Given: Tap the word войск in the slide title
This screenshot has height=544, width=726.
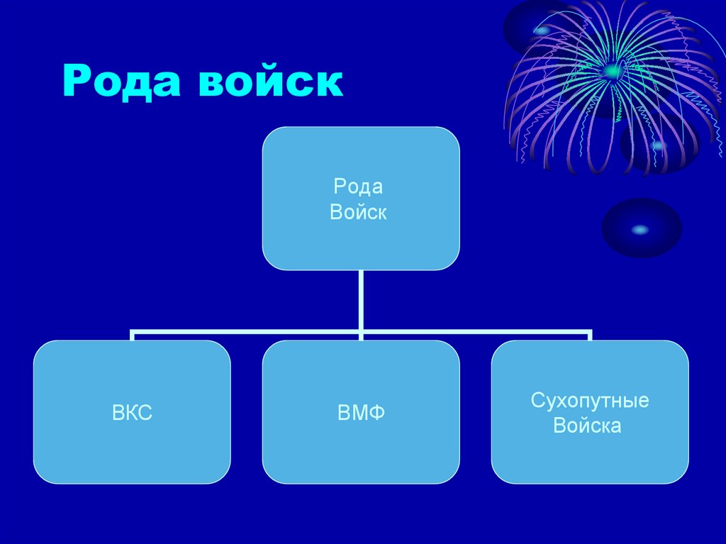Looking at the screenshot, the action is coord(270,82).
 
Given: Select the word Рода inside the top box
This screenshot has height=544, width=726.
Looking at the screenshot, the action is coord(358,187).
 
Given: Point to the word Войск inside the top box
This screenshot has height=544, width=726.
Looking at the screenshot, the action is coord(358,212).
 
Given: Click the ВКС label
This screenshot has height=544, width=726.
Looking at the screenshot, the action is coord(132,413).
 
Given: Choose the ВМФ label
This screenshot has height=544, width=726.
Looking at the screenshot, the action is coord(361,413).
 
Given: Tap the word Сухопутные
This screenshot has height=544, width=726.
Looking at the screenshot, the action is coord(590,401).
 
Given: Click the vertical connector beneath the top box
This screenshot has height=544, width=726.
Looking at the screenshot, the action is coord(361,298).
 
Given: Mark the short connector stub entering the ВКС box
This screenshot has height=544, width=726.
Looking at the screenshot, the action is coord(132,335).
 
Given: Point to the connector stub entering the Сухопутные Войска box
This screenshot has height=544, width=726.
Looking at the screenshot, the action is coord(590,335).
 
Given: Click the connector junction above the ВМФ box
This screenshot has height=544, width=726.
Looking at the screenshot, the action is coord(361,331).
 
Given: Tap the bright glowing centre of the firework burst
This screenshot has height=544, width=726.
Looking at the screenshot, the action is coord(611,70).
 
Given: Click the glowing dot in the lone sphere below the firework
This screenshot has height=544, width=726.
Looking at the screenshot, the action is coord(640,229).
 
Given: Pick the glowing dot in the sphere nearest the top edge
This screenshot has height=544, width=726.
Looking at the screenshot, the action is coord(542,30).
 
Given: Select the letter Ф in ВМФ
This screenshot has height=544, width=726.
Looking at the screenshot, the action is coord(376,413).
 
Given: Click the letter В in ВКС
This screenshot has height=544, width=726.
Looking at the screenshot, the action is coord(118,413).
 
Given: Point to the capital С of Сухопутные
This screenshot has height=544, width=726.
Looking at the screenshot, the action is coord(537,401).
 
